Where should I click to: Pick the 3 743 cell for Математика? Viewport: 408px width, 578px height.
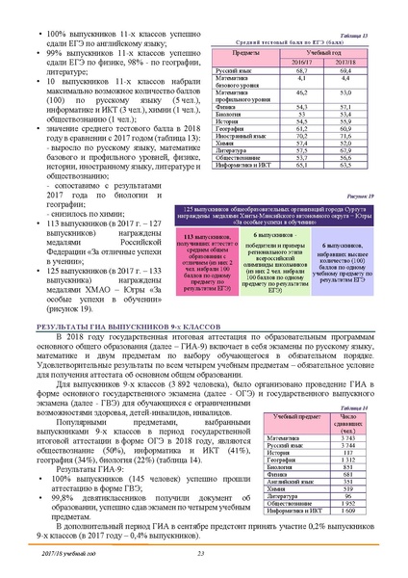click(356, 439)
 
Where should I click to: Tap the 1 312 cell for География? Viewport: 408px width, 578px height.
click(356, 460)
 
